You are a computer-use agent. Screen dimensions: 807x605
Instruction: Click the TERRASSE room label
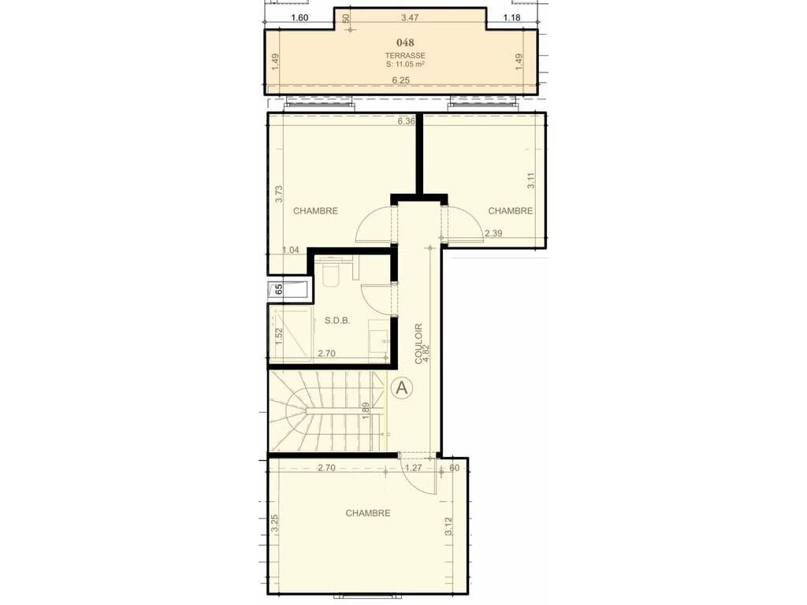[406, 56]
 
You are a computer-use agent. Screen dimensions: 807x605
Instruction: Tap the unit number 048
[406, 43]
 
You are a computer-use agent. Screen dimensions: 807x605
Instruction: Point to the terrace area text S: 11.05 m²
[406, 65]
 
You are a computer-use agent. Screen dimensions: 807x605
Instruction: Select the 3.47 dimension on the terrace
[410, 17]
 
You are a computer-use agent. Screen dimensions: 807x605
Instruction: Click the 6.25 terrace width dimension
[401, 80]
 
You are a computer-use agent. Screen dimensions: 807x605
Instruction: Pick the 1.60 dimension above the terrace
[299, 17]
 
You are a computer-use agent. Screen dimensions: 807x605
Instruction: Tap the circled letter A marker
[402, 388]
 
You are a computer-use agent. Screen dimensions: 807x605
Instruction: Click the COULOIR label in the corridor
[418, 343]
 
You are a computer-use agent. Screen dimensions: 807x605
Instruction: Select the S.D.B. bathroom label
[337, 321]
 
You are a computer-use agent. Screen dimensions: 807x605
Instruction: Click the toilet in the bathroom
[330, 273]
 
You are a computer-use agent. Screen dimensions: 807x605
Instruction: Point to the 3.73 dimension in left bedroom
[279, 194]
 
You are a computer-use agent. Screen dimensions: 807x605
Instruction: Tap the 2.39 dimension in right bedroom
[493, 233]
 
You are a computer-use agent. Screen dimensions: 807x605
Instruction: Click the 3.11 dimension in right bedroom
[532, 180]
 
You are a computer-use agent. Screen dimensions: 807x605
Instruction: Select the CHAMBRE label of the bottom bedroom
[368, 513]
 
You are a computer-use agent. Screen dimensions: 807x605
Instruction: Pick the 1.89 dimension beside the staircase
[366, 410]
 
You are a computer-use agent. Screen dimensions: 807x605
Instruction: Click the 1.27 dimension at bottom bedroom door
[414, 468]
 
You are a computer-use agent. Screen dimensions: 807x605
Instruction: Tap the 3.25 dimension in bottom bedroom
[275, 523]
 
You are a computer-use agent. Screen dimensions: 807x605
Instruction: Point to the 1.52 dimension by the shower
[279, 336]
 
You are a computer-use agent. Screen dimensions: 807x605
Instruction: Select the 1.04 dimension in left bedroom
[291, 250]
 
